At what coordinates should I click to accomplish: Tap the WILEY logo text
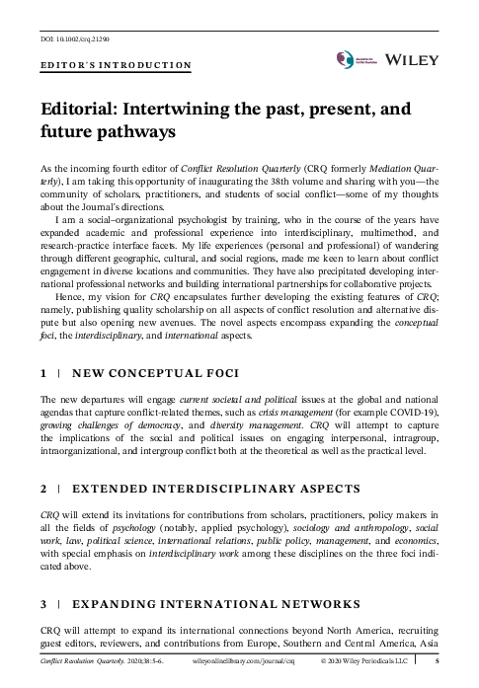tap(428, 60)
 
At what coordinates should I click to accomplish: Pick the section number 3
tap(43, 603)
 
